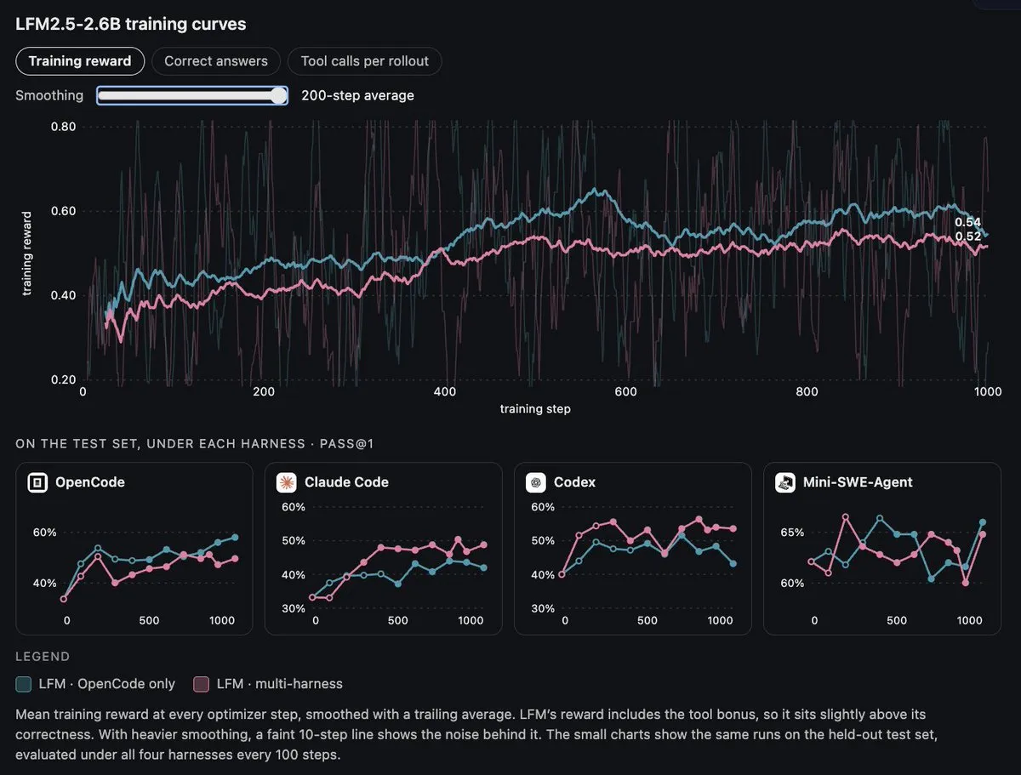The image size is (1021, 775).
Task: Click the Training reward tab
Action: [80, 61]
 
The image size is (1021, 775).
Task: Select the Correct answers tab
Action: [216, 61]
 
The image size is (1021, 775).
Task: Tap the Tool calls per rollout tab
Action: [365, 61]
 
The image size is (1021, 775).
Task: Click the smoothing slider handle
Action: [278, 95]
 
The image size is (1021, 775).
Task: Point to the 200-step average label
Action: [357, 95]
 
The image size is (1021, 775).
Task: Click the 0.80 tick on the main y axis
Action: [63, 127]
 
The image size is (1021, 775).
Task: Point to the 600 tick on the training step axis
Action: [625, 391]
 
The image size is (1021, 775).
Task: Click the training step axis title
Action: [535, 408]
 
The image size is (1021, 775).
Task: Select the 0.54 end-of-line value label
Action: [967, 222]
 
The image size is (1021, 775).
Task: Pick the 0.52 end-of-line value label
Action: [967, 236]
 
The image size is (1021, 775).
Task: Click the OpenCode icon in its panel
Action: [37, 482]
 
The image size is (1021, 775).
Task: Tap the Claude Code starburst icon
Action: [286, 482]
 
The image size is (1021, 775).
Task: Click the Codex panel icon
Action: [535, 482]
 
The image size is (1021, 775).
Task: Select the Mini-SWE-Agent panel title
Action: [858, 482]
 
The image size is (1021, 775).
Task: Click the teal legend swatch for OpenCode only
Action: [23, 684]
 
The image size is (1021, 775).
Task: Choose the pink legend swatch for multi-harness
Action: [201, 684]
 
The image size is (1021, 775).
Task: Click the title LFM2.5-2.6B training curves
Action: [131, 24]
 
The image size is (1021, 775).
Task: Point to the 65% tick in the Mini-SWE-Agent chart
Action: [792, 533]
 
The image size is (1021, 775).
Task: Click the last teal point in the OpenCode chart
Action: [235, 538]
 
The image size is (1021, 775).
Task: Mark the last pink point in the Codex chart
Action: [733, 528]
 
